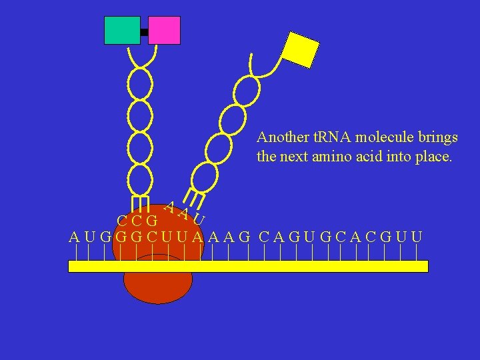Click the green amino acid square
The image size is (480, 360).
pos(122,30)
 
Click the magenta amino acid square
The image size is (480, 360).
pos(164,30)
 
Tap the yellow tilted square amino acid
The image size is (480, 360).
pos(301,50)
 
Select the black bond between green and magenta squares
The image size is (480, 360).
pos(144,32)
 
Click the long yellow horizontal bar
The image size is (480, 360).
pos(248,266)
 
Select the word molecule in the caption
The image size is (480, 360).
pos(385,138)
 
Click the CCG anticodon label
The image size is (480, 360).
pos(137,221)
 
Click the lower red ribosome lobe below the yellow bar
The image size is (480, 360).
pos(158,287)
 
